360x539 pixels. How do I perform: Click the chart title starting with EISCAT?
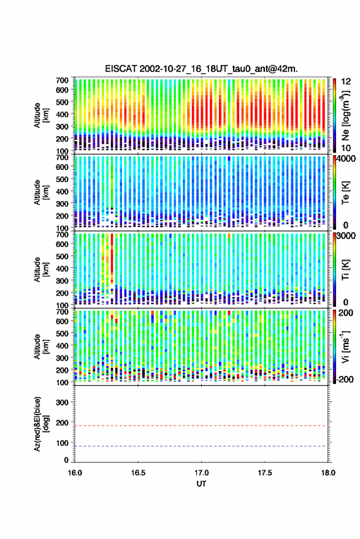(201, 69)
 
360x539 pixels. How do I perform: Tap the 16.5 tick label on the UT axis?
(138, 473)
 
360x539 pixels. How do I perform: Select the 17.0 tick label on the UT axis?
(201, 473)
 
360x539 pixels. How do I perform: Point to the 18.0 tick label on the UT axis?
(327, 473)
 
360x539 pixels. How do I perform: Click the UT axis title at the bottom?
(201, 484)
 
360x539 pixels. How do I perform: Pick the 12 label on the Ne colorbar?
(346, 82)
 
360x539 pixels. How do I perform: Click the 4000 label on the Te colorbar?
(347, 159)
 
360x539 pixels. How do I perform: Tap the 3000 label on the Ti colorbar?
(347, 236)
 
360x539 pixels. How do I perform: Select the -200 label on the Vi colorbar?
(345, 380)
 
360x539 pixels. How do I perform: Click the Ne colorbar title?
(345, 115)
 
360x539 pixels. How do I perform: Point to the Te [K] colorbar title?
(345, 193)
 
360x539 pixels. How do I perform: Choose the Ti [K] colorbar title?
(345, 269)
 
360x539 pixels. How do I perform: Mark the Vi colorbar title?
(345, 346)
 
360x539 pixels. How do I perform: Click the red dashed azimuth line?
(201, 426)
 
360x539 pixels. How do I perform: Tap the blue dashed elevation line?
(201, 446)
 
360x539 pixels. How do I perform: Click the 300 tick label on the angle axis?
(62, 402)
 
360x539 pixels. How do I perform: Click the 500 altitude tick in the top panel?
(62, 102)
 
